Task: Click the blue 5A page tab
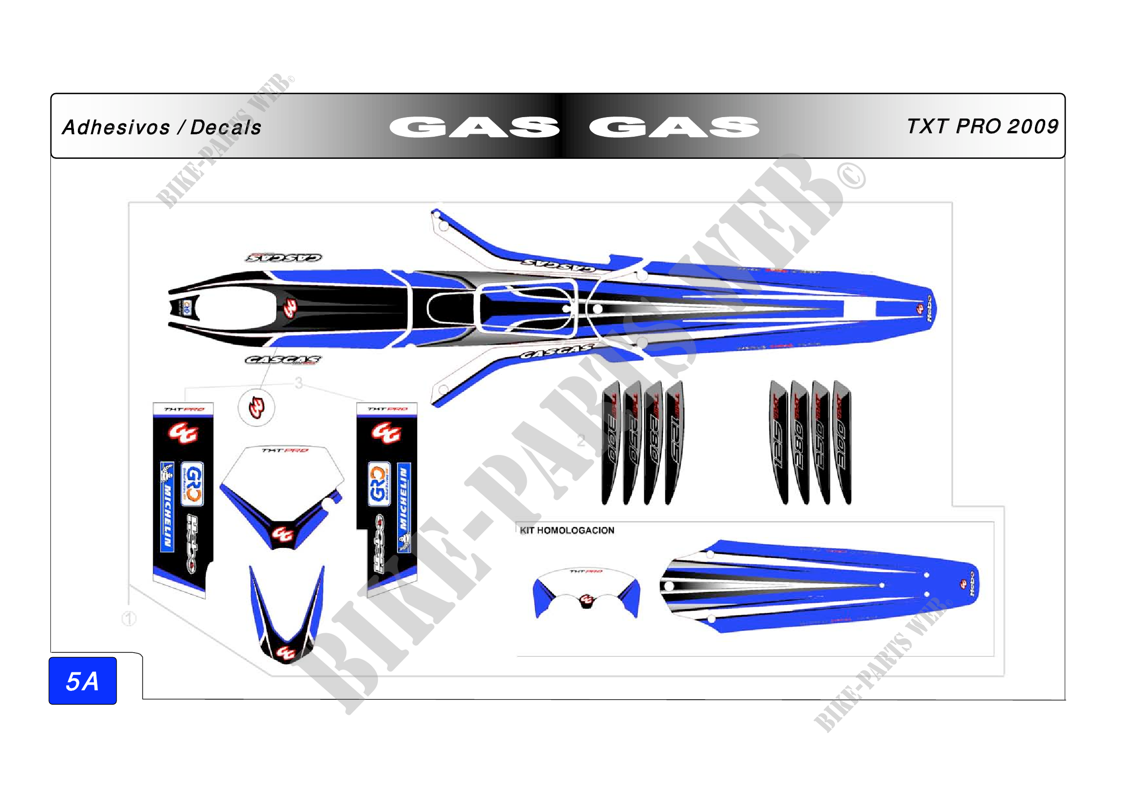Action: point(83,681)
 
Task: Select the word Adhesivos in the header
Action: point(116,128)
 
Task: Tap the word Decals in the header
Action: point(226,128)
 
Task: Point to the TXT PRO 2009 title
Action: point(982,127)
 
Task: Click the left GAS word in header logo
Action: point(474,127)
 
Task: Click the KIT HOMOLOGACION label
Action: point(567,531)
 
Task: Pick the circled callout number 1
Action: point(129,619)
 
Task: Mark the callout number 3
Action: point(298,383)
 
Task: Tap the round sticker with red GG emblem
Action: point(257,407)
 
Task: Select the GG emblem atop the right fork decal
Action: point(385,432)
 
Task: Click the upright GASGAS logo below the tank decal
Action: point(283,360)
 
